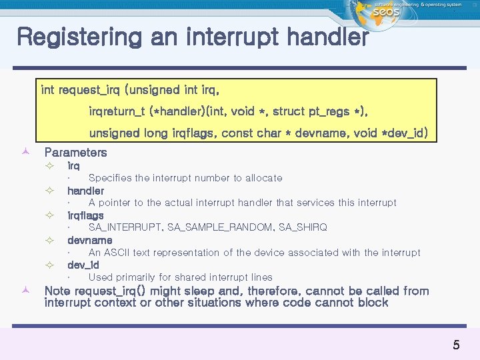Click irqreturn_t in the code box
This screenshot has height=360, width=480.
coord(117,111)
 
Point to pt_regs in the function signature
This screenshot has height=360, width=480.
coord(329,111)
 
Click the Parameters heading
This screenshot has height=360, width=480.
coord(75,153)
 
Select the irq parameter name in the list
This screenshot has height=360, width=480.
coord(73,165)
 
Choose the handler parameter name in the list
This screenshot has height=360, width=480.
coord(85,191)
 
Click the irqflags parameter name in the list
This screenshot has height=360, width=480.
coord(85,215)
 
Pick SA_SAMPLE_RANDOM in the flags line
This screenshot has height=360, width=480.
coord(220,227)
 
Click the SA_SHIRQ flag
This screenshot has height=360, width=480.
coord(303,227)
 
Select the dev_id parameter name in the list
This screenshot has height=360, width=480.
coord(83,265)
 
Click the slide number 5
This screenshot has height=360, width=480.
coord(456,345)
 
